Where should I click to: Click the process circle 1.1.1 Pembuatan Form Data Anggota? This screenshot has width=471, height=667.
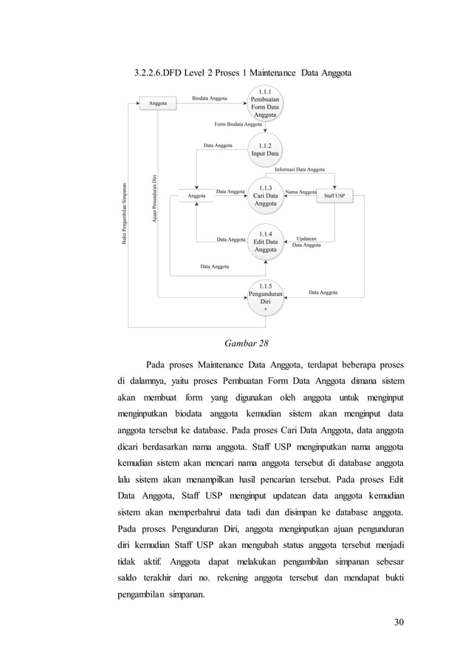(264, 104)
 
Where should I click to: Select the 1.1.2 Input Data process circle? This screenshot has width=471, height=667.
(264, 150)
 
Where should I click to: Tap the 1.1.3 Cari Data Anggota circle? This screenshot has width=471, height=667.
(264, 195)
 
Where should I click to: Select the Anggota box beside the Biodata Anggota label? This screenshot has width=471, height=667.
(158, 104)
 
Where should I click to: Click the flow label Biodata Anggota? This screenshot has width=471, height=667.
(210, 98)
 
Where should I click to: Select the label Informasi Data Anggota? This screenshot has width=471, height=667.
(299, 170)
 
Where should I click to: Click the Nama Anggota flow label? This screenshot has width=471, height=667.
(300, 192)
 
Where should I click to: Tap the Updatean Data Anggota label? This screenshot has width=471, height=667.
(306, 241)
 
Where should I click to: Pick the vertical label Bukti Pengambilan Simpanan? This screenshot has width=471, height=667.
(126, 214)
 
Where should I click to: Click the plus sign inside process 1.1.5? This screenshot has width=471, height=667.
(265, 311)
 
